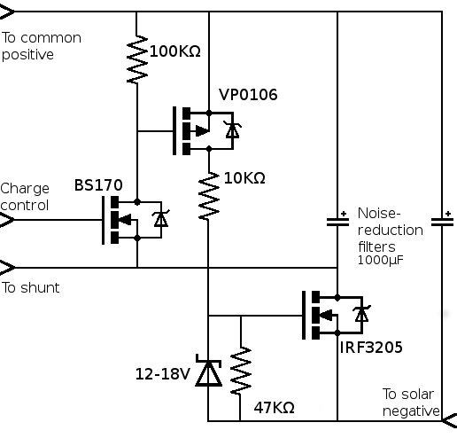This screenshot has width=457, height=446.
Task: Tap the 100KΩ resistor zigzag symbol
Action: pos(137,59)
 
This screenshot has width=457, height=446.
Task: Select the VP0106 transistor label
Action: pos(248,95)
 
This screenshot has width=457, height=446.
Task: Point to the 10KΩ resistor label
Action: pos(244,178)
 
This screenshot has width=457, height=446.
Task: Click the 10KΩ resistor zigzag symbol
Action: pos(208,196)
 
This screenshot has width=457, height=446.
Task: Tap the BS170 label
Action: pos(98,186)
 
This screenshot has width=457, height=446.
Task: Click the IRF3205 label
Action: pos(371,348)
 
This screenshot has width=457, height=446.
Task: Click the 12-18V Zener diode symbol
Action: pos(208,373)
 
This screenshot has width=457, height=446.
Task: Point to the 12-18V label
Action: pos(162,373)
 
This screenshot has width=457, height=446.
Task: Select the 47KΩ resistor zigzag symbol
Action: pos(240,371)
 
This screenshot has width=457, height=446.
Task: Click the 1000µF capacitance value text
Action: pos(381,261)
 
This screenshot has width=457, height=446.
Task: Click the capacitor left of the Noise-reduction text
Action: pos(337,220)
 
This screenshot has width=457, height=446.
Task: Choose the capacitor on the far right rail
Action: pos(441,220)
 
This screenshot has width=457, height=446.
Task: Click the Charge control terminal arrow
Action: pos(7,219)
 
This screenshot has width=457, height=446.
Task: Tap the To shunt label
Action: pos(30,287)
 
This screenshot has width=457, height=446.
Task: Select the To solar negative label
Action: pos(411,402)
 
